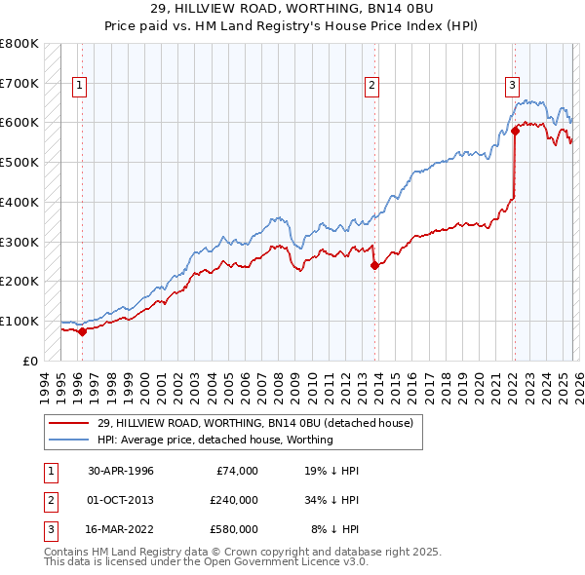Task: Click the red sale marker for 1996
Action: [x=83, y=331]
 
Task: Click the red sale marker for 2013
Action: [x=374, y=265]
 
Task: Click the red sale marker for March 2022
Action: [x=515, y=130]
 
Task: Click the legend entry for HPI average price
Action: [x=214, y=440]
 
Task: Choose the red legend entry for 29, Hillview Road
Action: [x=255, y=423]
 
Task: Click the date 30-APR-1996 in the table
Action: [x=121, y=471]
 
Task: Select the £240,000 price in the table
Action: [x=234, y=500]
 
